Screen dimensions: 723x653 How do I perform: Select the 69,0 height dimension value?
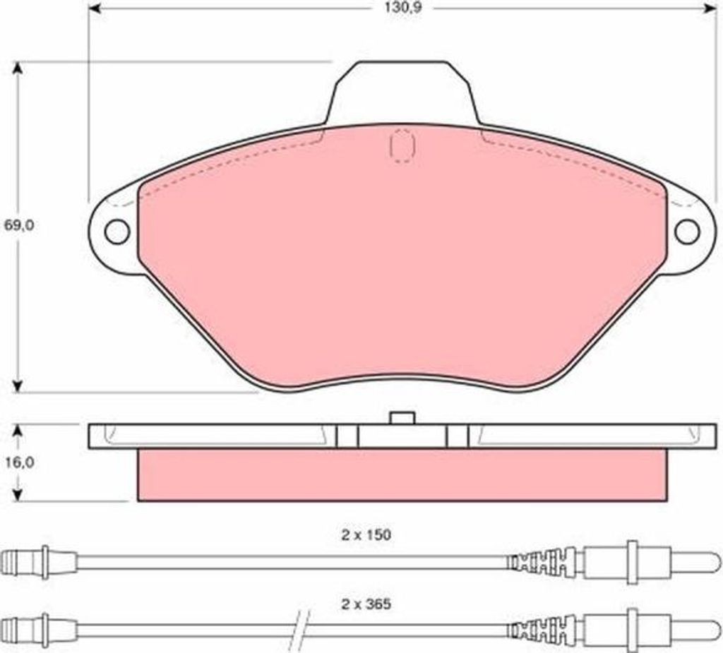coord(19,225)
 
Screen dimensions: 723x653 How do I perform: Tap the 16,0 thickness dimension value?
coord(19,463)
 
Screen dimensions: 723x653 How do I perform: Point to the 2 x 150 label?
coord(366,535)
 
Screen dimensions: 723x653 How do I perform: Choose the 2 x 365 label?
coord(366,604)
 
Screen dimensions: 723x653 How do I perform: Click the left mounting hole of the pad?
coord(117,232)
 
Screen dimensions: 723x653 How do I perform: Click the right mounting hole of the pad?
coord(687,232)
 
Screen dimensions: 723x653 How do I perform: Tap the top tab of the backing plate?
coord(403,92)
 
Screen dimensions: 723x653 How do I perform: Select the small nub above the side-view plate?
coord(402,418)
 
